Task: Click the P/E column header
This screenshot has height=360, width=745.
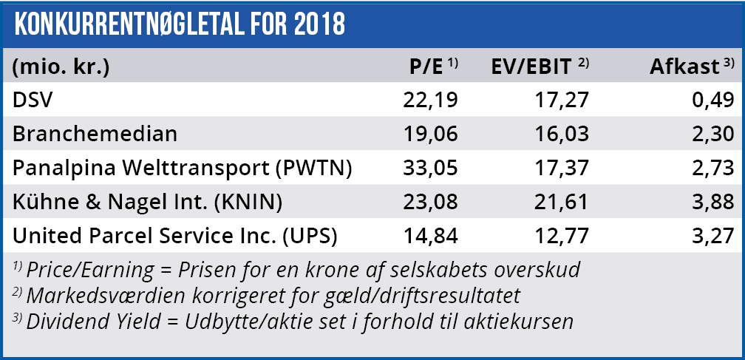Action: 426,67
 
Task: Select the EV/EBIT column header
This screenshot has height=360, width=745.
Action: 532,67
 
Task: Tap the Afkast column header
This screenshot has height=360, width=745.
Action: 684,67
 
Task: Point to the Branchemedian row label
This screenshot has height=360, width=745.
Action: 95,135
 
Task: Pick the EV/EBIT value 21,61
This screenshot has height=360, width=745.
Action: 562,203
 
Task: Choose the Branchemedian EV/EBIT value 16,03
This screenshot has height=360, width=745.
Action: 562,135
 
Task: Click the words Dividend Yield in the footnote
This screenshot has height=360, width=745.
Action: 88,322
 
